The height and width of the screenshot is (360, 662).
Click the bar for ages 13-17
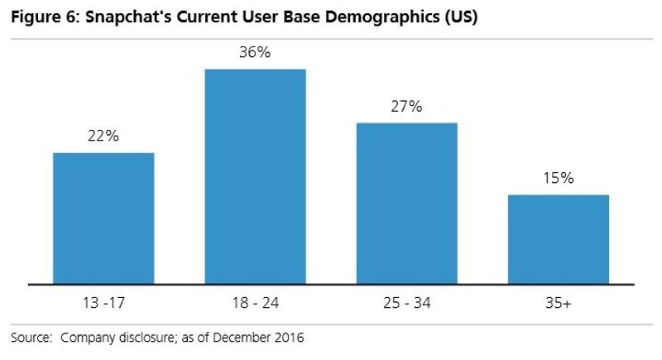[x=103, y=218]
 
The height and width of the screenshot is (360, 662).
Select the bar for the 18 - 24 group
[x=255, y=176]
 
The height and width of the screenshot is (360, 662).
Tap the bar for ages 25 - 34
[x=406, y=204]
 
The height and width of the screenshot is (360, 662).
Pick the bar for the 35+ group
[x=559, y=239]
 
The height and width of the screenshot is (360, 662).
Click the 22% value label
[x=103, y=137]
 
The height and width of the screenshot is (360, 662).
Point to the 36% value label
[x=255, y=52]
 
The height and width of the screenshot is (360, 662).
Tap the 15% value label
[x=559, y=178]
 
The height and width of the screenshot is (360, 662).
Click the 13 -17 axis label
[x=103, y=305]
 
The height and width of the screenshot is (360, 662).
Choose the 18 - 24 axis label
[x=255, y=305]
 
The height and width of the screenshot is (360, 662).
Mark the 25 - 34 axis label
[x=406, y=305]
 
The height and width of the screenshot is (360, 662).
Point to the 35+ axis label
[x=559, y=305]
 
